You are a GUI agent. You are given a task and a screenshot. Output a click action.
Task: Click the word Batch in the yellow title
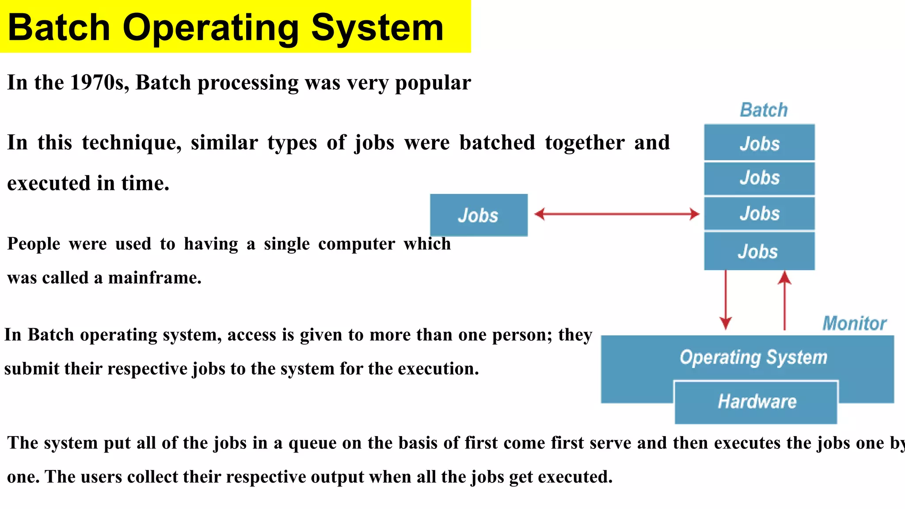pyautogui.click(x=59, y=27)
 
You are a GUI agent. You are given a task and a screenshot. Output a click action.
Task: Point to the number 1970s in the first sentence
pyautogui.click(x=99, y=83)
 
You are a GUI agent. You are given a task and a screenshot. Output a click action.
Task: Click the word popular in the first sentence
pyautogui.click(x=433, y=83)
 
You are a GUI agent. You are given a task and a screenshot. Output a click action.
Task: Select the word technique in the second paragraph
pyautogui.click(x=131, y=143)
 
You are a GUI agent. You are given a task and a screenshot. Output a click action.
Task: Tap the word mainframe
pyautogui.click(x=155, y=278)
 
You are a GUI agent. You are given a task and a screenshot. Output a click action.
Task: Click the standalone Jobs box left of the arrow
pyautogui.click(x=479, y=215)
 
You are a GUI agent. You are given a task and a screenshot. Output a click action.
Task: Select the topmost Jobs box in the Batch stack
pyautogui.click(x=759, y=143)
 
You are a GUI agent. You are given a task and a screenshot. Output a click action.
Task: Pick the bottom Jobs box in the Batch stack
pyautogui.click(x=759, y=251)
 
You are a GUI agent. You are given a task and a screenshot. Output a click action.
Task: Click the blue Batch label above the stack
pyautogui.click(x=764, y=110)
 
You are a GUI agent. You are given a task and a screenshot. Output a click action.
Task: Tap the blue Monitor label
pyautogui.click(x=854, y=323)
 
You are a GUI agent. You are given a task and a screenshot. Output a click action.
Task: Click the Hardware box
pyautogui.click(x=756, y=402)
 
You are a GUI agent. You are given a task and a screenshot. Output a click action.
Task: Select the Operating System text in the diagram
pyautogui.click(x=753, y=357)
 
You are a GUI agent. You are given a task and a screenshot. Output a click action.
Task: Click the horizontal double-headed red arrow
pyautogui.click(x=616, y=214)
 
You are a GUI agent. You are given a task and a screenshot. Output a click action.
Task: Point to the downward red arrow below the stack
pyautogui.click(x=725, y=300)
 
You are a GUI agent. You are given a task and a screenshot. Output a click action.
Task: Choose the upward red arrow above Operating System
pyautogui.click(x=784, y=300)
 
